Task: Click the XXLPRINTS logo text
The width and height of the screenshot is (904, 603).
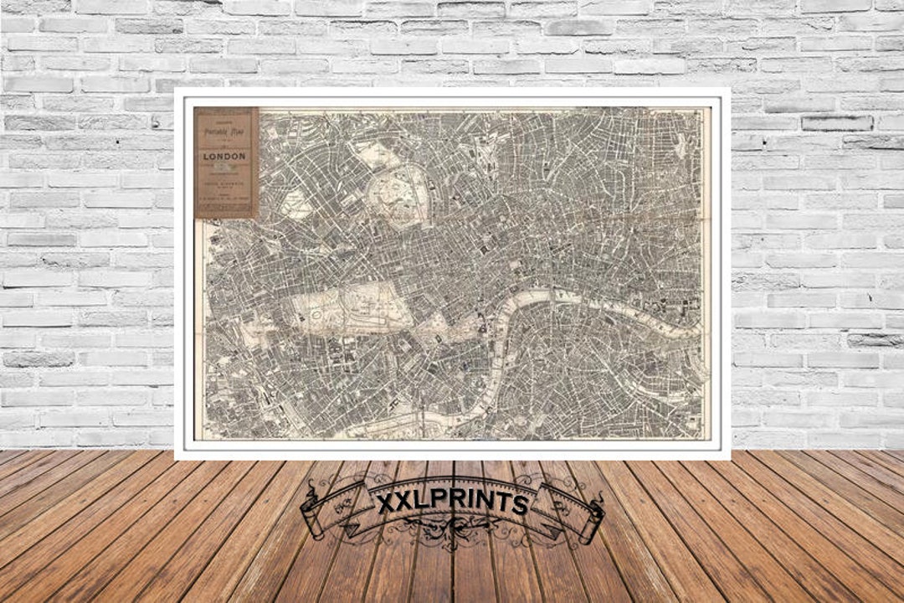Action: pyautogui.click(x=452, y=503)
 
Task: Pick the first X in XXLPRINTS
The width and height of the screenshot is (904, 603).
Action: pyautogui.click(x=385, y=503)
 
